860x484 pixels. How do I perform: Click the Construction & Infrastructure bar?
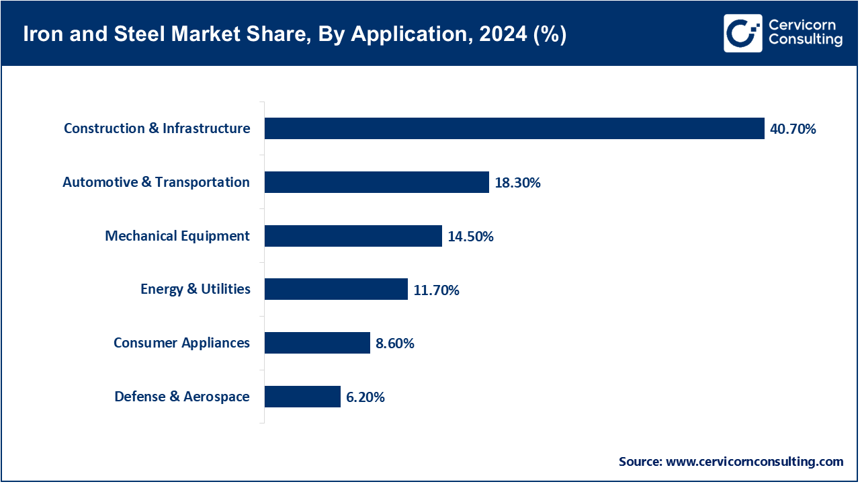pos(514,128)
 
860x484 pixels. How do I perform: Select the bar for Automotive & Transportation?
pos(376,182)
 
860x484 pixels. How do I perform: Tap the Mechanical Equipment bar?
pos(353,236)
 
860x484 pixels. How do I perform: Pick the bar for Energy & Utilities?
pos(336,289)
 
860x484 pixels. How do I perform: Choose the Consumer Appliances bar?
pos(317,343)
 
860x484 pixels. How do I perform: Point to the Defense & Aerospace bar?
pos(302,397)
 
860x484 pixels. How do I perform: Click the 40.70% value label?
pos(793,129)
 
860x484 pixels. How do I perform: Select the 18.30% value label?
pos(517,183)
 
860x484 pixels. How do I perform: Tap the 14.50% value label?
pos(470,237)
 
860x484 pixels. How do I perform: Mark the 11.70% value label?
pos(436,290)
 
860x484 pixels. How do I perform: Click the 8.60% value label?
pos(395,344)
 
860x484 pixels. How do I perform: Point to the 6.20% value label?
pos(365,397)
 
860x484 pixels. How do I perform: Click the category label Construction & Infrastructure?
pos(157,128)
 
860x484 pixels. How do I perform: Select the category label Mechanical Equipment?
pos(177,236)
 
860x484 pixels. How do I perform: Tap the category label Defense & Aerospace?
pos(182,397)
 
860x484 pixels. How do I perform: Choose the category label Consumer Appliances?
pos(181,343)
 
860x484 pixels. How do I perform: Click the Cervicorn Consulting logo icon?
pos(742,33)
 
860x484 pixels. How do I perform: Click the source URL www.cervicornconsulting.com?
pos(755,462)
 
